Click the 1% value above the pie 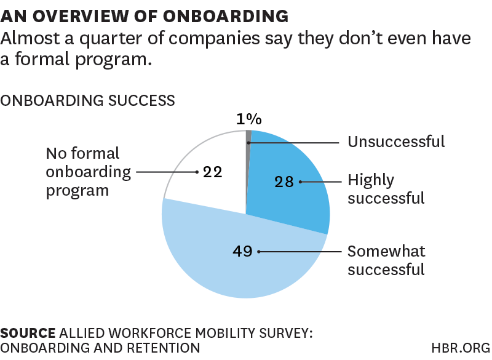249,119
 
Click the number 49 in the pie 243,251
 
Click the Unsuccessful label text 396,142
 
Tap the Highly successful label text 386,189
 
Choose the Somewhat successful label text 386,260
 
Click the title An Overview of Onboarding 145,15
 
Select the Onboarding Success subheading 88,100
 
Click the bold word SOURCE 27,333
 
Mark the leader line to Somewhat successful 301,251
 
